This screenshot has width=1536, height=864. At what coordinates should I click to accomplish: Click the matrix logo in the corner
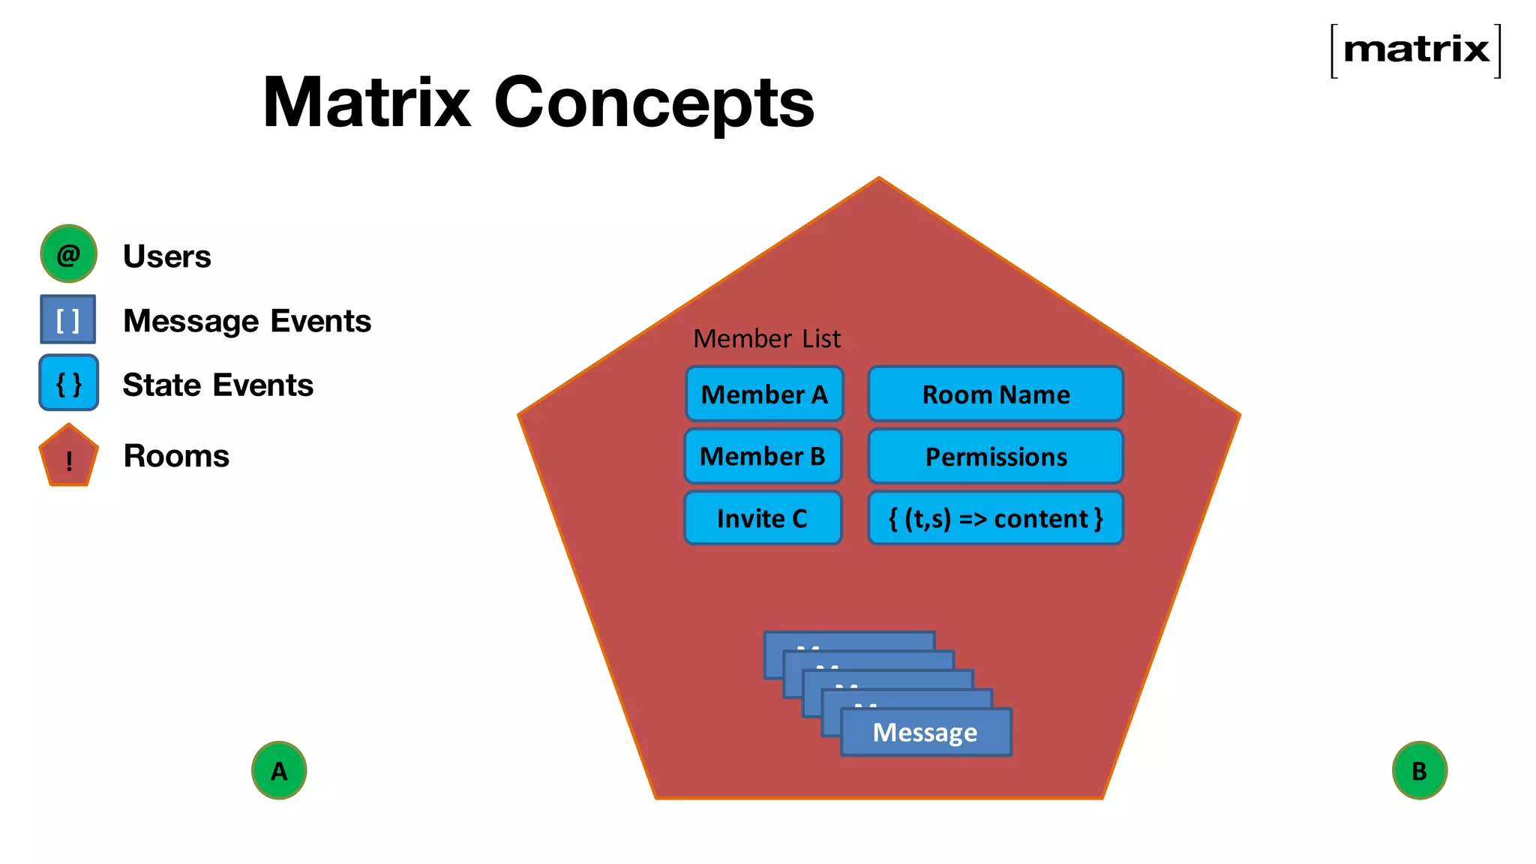(1415, 50)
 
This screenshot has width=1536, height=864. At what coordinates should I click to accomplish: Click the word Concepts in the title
(654, 103)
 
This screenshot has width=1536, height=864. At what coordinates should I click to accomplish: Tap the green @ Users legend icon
(68, 254)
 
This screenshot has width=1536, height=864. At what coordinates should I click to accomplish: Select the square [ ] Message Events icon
(68, 319)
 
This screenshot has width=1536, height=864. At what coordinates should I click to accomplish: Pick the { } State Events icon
(68, 383)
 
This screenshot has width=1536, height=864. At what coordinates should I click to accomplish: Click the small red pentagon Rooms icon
(68, 457)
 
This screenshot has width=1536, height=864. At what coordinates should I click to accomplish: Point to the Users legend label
(166, 256)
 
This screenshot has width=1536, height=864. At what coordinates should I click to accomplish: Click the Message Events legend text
(247, 321)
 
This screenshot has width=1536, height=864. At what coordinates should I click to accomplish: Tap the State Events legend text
(217, 385)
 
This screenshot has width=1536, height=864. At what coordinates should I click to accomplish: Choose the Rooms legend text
(176, 456)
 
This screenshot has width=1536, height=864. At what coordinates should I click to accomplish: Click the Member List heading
(766, 339)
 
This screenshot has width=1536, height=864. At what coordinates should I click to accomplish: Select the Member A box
(764, 394)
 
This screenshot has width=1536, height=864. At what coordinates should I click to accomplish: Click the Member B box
(763, 456)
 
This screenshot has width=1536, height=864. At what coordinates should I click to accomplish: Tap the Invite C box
(763, 518)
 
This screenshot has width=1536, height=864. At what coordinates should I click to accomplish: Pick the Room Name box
(995, 394)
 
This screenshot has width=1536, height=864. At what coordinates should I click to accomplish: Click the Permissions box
(995, 456)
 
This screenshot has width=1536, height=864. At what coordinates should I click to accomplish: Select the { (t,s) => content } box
(995, 518)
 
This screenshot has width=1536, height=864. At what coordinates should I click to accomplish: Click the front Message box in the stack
(925, 733)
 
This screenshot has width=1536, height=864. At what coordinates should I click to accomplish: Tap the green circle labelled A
(279, 770)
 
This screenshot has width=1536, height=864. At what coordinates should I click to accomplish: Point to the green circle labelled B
(1419, 770)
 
